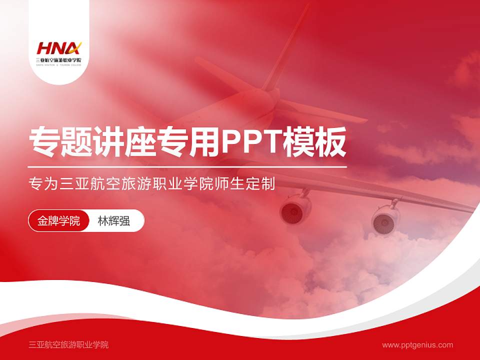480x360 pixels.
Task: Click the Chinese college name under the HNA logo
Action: [58, 60]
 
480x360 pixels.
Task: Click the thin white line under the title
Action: [187, 166]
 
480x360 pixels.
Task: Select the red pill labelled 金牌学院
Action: [59, 220]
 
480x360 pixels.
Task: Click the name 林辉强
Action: [113, 220]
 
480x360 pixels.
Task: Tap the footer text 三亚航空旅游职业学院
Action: [69, 344]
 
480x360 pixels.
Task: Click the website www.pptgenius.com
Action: [417, 344]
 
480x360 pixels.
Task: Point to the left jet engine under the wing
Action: [295, 209]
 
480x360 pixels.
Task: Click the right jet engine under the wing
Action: [385, 218]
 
